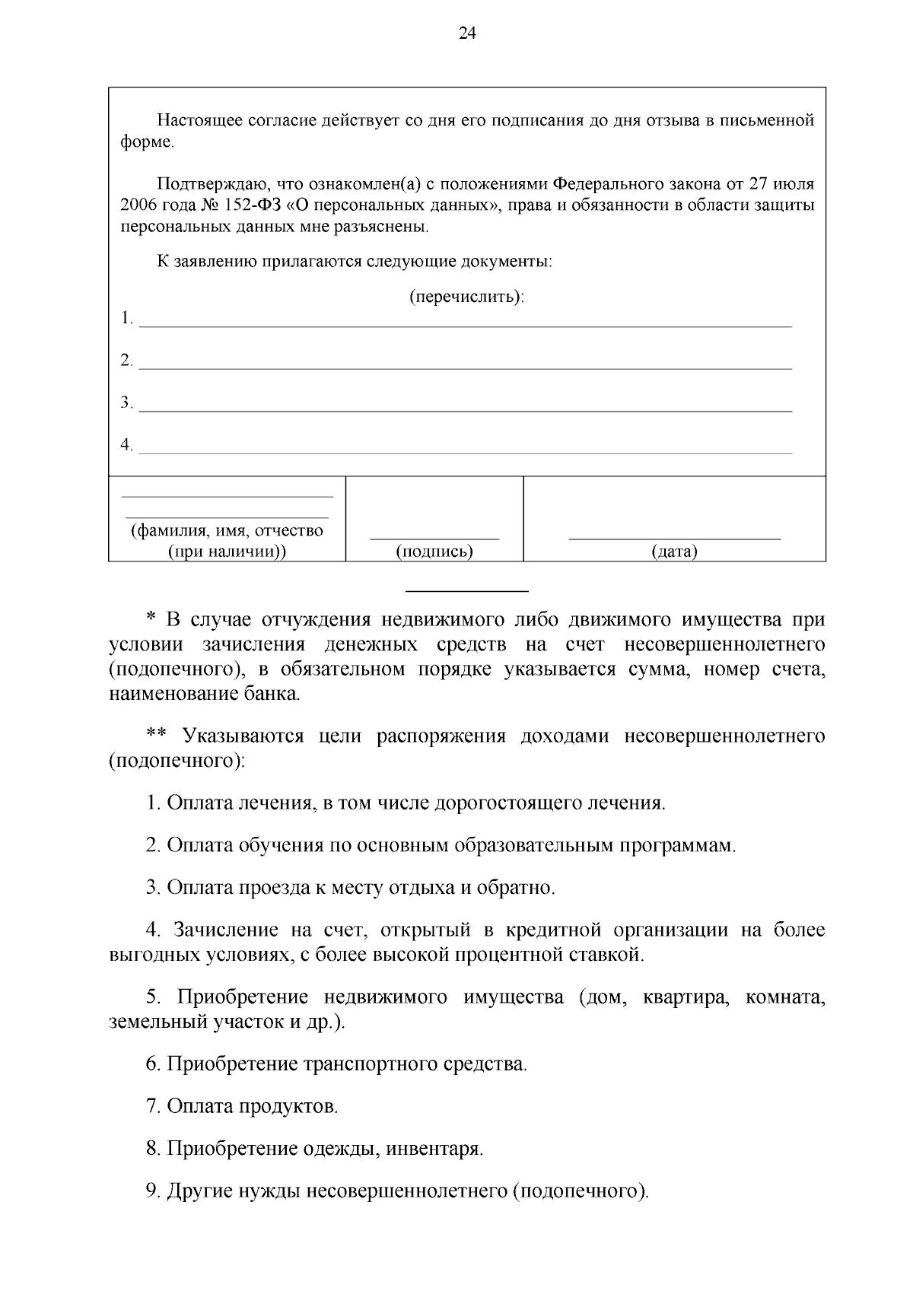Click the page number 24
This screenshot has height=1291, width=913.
(467, 33)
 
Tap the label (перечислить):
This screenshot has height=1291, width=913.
(467, 296)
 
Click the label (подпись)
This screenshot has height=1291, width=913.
(434, 552)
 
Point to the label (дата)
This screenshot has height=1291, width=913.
(674, 552)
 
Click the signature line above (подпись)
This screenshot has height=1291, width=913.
(434, 538)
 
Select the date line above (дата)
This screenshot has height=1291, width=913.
(674, 538)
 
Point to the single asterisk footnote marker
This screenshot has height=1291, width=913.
(150, 620)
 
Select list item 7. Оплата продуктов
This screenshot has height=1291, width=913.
(242, 1105)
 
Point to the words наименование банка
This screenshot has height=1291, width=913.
(205, 694)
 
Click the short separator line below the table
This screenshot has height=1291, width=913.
(467, 591)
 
